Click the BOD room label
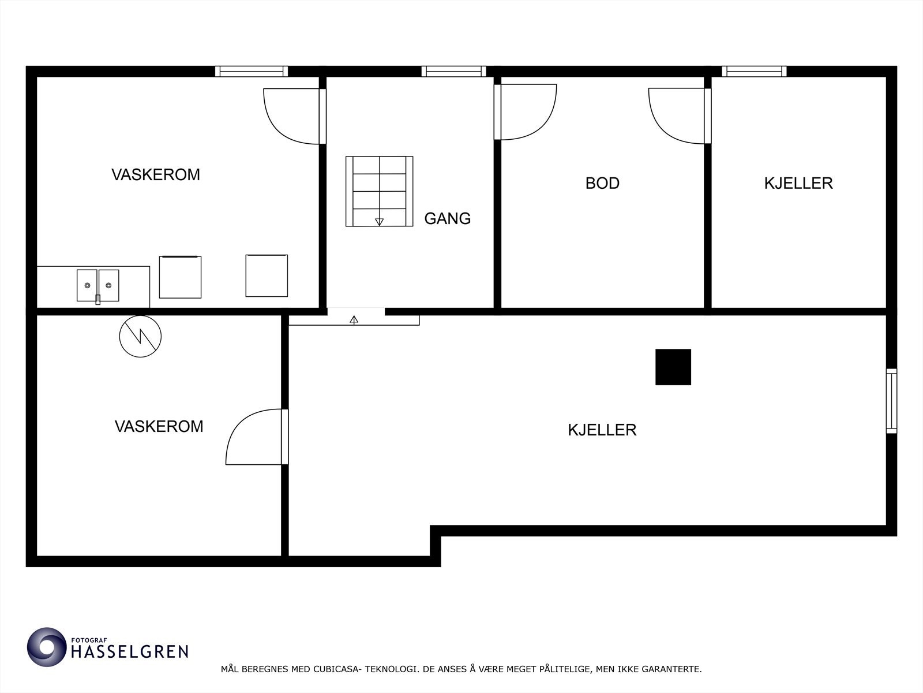[602, 183]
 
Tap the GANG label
[447, 218]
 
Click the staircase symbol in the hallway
[379, 191]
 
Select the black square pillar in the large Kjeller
[673, 367]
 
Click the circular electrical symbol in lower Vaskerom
[140, 336]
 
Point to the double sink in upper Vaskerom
[98, 285]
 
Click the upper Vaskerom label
[156, 174]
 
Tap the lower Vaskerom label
[159, 426]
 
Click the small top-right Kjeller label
[798, 183]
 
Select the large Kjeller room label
[602, 430]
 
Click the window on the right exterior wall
[891, 401]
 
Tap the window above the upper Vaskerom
[252, 71]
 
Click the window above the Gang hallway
[453, 71]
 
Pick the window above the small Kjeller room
[754, 71]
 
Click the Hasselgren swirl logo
[47, 647]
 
